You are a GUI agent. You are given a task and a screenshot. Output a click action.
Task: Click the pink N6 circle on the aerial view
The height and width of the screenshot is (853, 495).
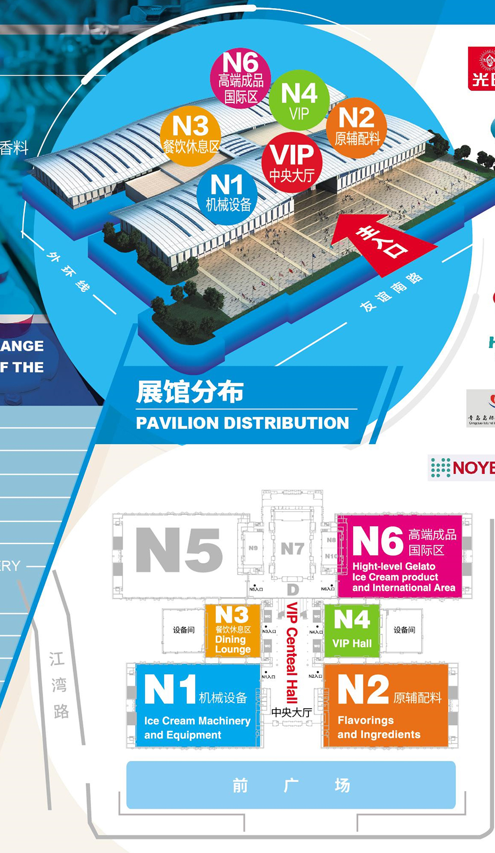coord(241,78)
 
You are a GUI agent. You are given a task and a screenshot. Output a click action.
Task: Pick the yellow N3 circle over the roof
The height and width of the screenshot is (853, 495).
coord(191,135)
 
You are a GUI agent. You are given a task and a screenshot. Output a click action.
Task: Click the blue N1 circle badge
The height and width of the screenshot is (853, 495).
coord(227,194)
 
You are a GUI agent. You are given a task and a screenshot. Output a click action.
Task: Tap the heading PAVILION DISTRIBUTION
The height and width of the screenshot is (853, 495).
coord(243,423)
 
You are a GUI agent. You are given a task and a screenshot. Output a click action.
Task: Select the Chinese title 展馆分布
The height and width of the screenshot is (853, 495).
coord(190,392)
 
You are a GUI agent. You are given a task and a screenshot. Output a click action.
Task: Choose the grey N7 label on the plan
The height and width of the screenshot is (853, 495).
coord(292,549)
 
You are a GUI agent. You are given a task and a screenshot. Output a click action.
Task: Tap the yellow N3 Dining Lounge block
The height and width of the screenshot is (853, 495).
coord(233,630)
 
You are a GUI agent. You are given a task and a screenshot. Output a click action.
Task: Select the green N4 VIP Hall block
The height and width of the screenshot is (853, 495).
coord(352,630)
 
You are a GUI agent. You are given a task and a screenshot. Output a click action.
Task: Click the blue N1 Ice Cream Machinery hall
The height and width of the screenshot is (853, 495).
coord(198,705)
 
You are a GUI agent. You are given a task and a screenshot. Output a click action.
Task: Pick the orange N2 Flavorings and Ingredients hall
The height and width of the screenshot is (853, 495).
coord(386,705)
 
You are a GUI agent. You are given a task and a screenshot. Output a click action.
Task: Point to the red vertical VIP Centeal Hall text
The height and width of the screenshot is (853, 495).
coord(292,653)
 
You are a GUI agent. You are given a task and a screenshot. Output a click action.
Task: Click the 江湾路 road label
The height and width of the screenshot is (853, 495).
coord(59,685)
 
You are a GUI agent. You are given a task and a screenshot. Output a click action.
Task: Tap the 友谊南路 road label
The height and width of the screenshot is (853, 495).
coord(391,292)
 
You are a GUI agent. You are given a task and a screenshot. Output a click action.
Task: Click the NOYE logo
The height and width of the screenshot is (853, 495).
coord(463,467)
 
